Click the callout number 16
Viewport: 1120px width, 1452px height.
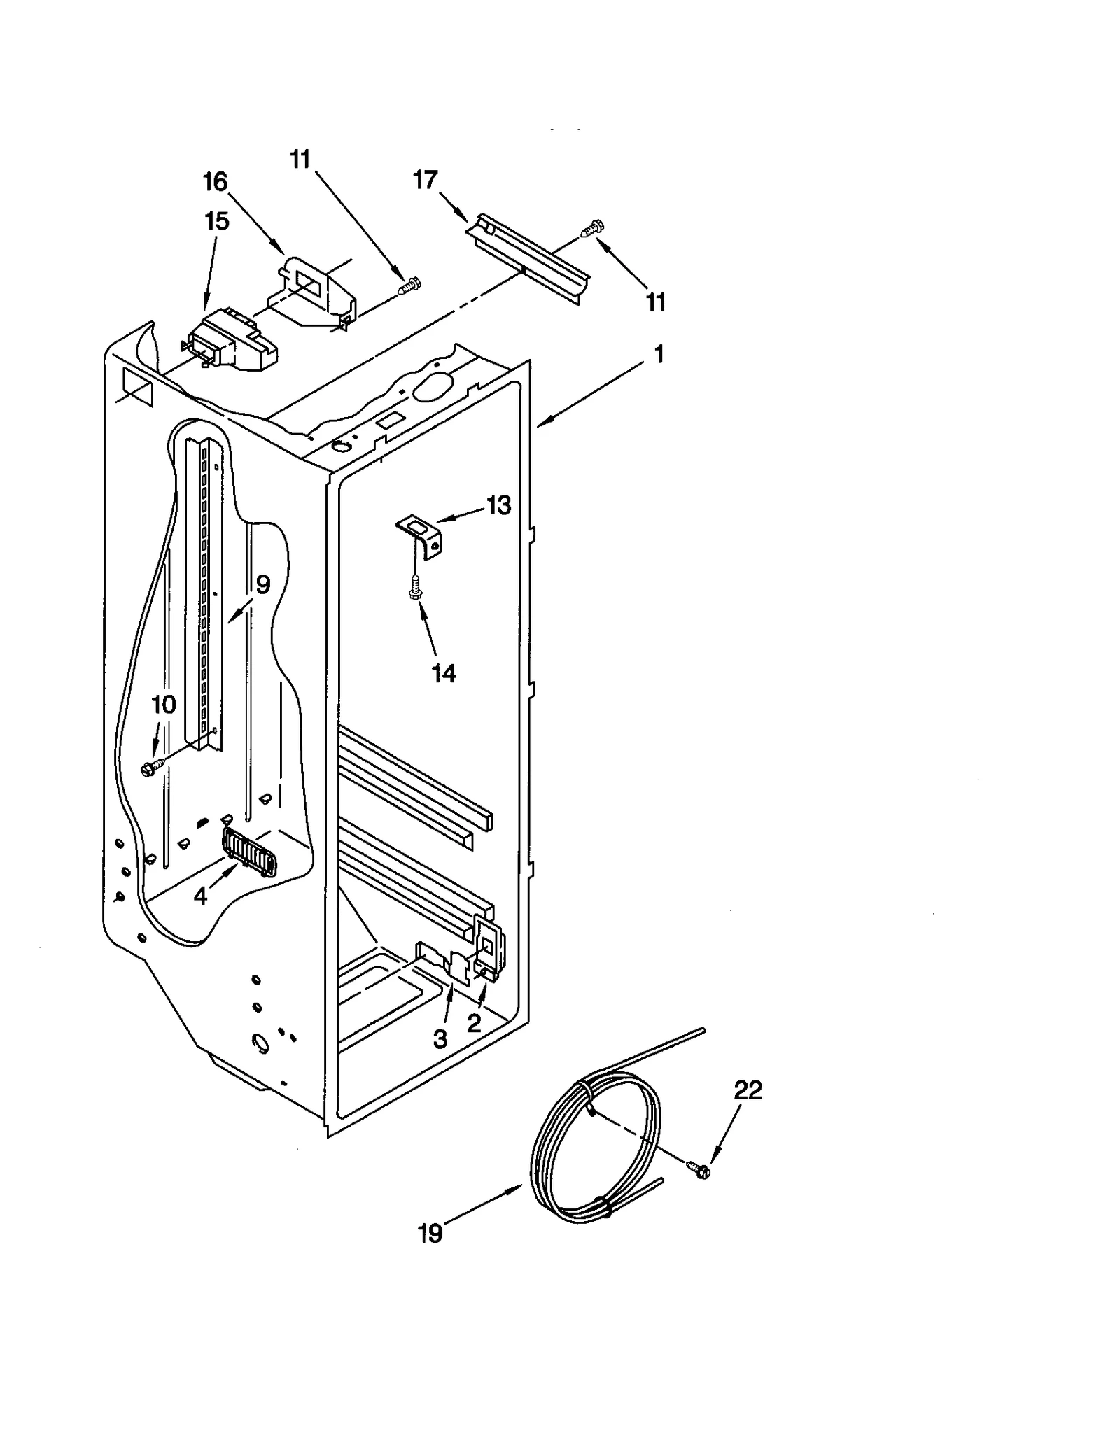[x=215, y=182]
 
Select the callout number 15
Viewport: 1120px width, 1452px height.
[x=216, y=221]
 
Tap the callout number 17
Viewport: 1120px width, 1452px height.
[x=425, y=180]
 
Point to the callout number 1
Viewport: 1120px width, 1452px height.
[x=658, y=354]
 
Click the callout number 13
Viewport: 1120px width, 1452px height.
[x=499, y=505]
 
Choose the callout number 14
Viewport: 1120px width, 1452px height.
[x=444, y=673]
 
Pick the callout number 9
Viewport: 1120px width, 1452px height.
[x=262, y=584]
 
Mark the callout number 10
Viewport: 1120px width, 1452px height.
[x=164, y=705]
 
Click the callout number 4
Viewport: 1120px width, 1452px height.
[x=201, y=896]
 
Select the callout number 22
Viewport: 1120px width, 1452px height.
[x=748, y=1090]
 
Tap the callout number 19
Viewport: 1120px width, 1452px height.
[x=430, y=1233]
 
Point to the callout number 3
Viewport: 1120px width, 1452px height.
[x=440, y=1039]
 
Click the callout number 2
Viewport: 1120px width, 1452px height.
[x=474, y=1024]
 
